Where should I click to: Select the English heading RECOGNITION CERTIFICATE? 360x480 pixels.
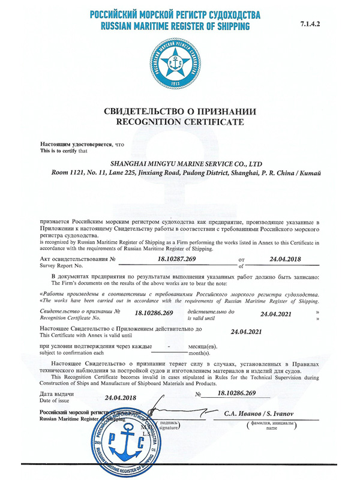coord(180,122)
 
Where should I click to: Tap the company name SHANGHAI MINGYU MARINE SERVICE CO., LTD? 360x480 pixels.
coord(187,163)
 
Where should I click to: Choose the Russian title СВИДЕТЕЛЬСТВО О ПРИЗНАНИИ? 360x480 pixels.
coord(180,112)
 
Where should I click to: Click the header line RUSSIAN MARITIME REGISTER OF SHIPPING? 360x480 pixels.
coord(175,27)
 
